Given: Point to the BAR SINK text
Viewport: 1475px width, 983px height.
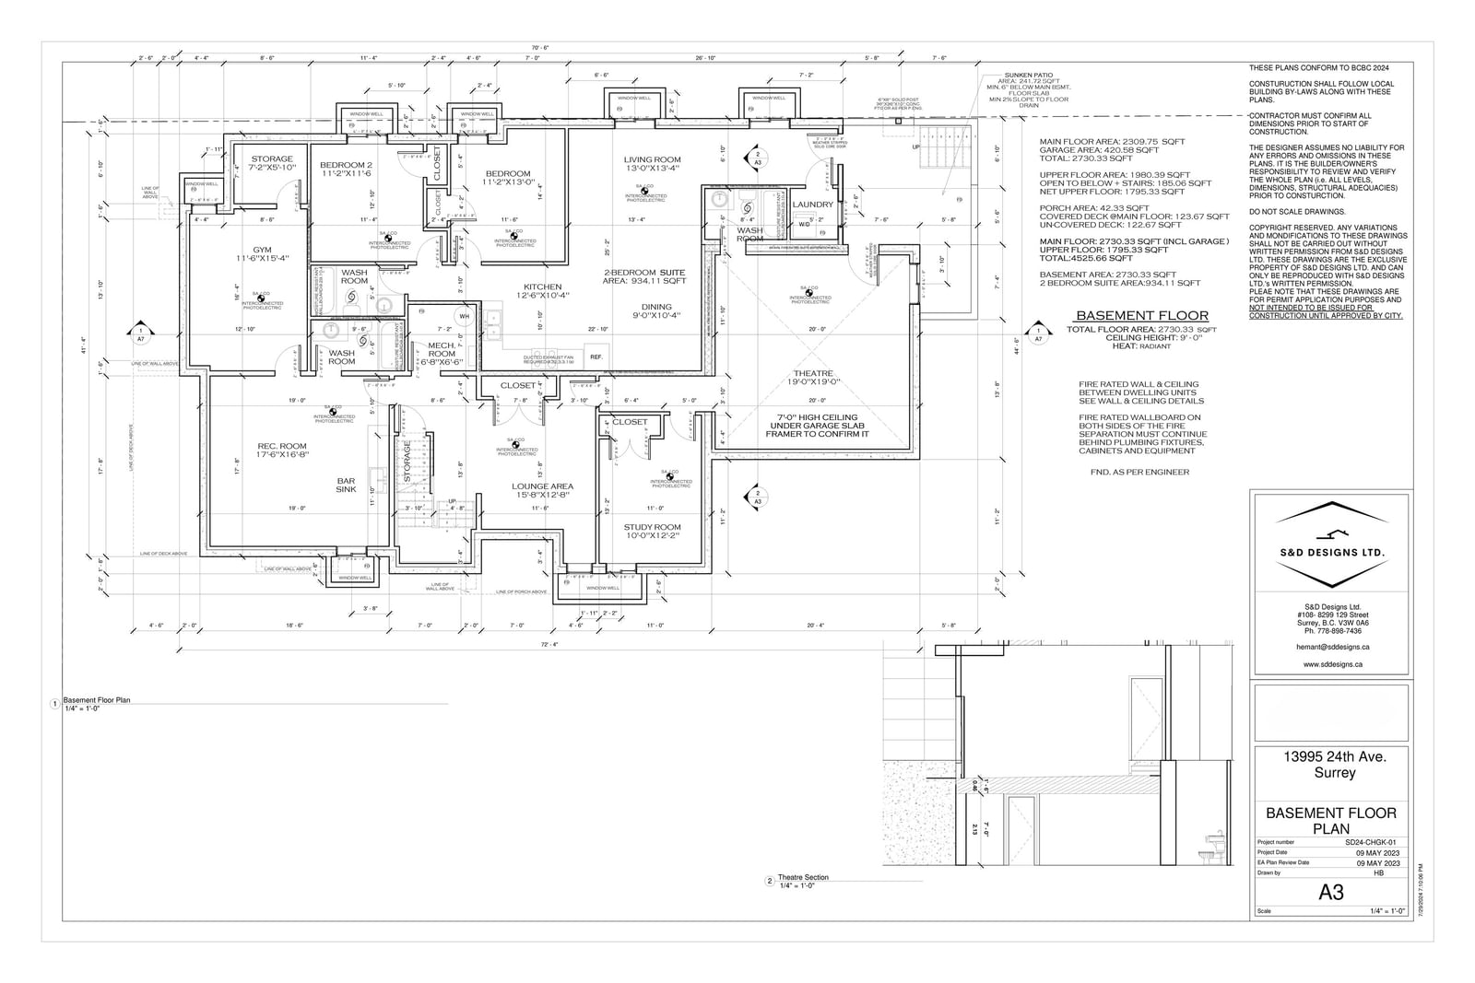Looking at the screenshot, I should [346, 485].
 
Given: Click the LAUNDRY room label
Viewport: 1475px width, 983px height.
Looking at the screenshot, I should [812, 205].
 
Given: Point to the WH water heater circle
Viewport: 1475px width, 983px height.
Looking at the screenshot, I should [464, 317].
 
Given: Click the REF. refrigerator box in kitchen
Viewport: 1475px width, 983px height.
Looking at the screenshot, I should [596, 357].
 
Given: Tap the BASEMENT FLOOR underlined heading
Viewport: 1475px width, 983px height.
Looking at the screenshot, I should [1141, 315].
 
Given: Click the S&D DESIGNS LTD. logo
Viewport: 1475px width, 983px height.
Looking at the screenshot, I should [1331, 551].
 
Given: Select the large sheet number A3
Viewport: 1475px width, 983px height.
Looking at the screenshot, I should [1331, 892].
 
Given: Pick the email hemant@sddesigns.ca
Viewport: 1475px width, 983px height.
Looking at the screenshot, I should [1331, 648].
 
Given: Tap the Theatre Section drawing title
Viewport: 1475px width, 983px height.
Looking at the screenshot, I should [803, 877].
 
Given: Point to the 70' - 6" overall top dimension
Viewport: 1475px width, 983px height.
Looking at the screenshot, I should [540, 48].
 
